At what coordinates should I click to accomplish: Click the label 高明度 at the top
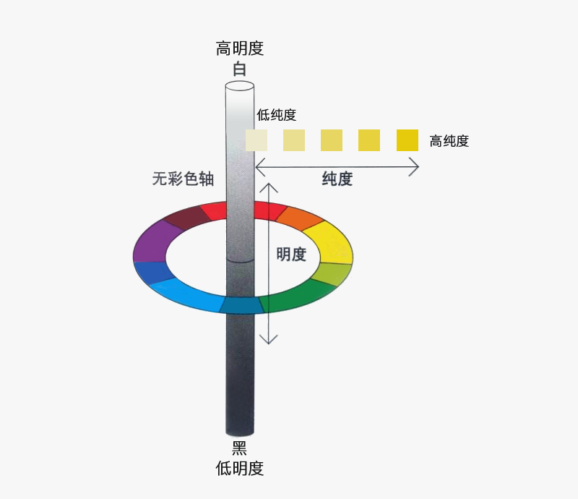coord(240,48)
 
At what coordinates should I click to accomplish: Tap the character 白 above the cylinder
coord(240,69)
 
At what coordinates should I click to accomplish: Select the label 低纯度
coord(277,115)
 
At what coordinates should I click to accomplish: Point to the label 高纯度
coord(449,141)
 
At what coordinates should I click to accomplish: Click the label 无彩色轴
coord(184,179)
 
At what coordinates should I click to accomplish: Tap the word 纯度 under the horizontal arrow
coord(337,179)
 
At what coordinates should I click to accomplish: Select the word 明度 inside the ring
coord(291,255)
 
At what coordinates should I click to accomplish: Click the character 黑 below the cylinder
coord(239,448)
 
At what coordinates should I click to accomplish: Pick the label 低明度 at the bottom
coord(240,469)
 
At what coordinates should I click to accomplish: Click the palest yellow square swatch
coord(256,140)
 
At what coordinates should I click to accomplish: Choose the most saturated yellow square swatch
coord(407,140)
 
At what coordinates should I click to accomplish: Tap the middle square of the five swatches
coord(332,140)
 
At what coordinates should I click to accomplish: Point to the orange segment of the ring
coord(299,218)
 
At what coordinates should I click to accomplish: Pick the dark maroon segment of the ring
coord(186,216)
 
